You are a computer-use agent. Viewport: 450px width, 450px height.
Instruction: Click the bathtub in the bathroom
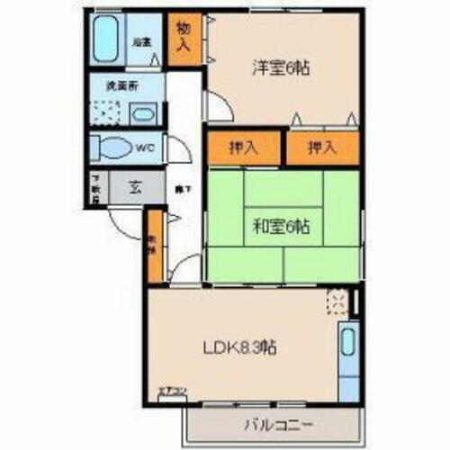[x=107, y=38]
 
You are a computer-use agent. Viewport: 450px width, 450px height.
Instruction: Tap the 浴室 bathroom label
[x=140, y=40]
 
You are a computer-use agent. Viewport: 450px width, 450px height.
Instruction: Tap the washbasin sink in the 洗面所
[x=144, y=114]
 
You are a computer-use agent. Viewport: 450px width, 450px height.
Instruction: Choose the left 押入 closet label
[x=245, y=148]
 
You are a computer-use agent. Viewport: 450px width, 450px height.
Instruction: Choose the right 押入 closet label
[x=322, y=148]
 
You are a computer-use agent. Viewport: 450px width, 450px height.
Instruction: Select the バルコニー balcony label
[x=274, y=424]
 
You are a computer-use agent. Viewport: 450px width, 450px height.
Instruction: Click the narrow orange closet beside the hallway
[x=155, y=246]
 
